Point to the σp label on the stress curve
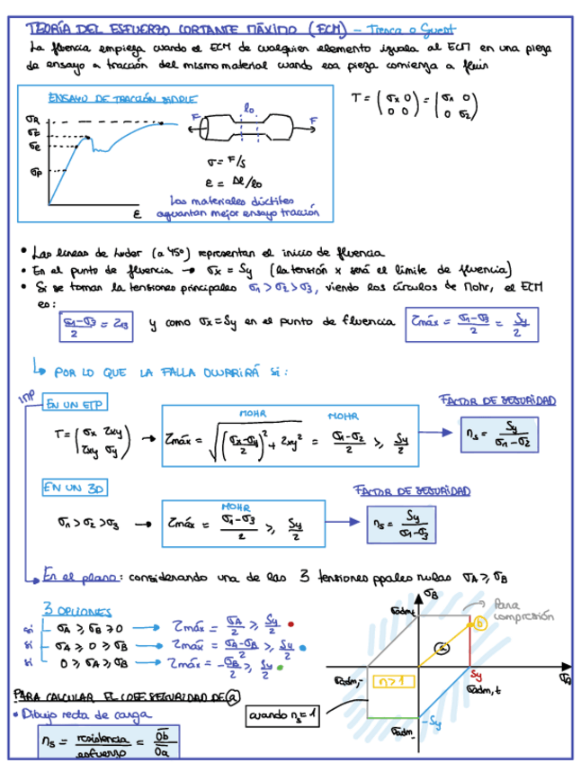35,170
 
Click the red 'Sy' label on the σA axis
478,675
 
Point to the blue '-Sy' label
433,721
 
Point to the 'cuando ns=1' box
282,716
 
